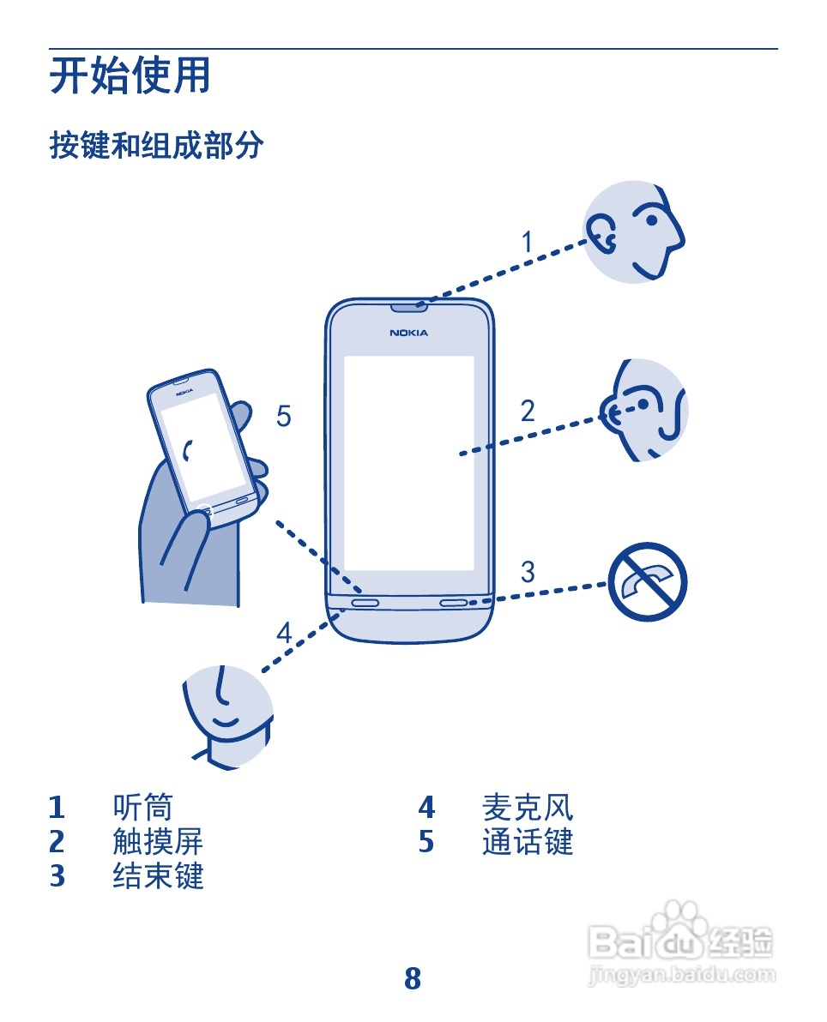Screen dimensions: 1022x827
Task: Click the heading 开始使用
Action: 130,76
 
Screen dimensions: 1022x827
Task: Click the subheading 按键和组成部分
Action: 156,145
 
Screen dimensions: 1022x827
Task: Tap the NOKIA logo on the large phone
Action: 408,333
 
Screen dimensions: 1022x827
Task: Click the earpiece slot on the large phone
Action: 408,306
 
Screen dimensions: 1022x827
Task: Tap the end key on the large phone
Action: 455,602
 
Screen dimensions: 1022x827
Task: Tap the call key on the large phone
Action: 365,602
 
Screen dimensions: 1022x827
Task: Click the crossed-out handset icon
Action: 648,583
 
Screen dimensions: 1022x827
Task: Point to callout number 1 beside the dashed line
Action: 528,243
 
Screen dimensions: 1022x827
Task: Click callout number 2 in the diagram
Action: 528,412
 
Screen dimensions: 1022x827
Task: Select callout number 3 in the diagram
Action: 528,571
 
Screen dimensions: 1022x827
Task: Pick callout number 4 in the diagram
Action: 284,634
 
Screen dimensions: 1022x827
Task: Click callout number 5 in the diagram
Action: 284,417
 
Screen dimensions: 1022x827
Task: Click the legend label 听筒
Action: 142,808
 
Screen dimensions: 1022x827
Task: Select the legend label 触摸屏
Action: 158,842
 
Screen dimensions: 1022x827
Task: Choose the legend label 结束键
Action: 158,876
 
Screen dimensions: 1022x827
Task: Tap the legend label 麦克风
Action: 528,808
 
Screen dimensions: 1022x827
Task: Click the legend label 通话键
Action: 528,842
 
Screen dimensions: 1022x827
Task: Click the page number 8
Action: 413,978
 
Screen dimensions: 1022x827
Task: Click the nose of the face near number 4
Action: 221,687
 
